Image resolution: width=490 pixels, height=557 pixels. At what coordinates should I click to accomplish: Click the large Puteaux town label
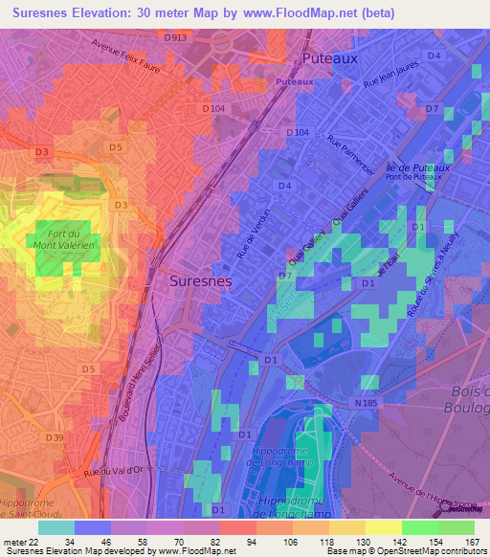coord(329,58)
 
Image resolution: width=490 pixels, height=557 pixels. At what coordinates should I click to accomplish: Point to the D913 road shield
coord(175,38)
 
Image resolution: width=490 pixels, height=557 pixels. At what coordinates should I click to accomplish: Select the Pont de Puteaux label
coord(411,178)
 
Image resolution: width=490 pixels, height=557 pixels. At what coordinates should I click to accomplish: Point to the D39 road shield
coord(56,438)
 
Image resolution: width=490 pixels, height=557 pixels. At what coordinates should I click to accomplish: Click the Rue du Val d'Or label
coord(120,473)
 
